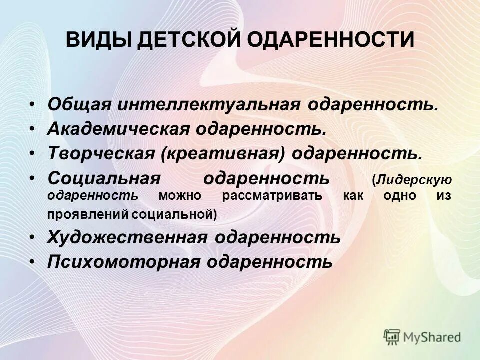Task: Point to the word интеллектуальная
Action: [208, 105]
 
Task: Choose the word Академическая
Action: [118, 130]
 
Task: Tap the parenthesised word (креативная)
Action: [223, 154]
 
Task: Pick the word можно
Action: [180, 195]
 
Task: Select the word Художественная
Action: [127, 237]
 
